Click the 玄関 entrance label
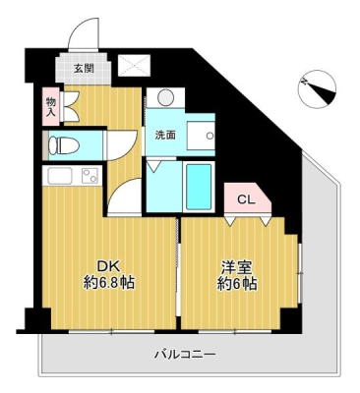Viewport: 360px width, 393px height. (84, 69)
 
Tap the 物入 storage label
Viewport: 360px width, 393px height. (51, 107)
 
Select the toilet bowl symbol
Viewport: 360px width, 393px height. (63, 144)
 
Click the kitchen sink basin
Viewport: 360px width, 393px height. (60, 176)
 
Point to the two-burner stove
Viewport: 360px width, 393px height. (90, 176)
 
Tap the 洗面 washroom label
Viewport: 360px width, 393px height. (165, 135)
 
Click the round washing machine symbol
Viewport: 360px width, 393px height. (165, 97)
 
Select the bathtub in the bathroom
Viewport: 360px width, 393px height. (199, 187)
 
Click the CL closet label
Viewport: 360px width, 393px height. (246, 200)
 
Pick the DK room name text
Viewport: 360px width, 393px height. (104, 266)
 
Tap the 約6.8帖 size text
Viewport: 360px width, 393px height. (108, 282)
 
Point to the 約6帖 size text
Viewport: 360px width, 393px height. (237, 284)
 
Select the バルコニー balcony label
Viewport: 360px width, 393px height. (185, 354)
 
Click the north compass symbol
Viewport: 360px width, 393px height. (318, 88)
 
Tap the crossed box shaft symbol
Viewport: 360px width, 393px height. (134, 65)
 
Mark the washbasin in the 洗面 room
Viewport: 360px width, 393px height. (201, 135)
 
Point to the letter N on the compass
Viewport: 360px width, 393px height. (305, 82)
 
